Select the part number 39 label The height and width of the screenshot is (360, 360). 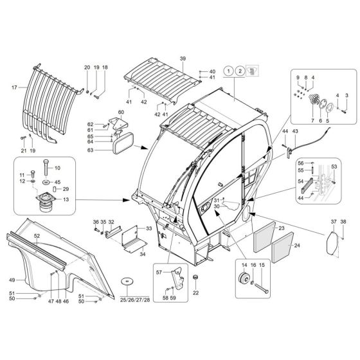click(183, 59)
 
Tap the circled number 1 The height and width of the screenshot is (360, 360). click(228, 71)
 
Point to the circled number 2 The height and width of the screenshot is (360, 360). click(239, 71)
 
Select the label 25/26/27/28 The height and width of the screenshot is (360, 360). click(134, 300)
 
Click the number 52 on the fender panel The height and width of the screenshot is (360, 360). click(37, 236)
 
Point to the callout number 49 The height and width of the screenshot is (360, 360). click(12, 280)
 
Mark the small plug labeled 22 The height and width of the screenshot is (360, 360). click(196, 278)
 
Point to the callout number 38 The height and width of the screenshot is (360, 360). click(343, 222)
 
